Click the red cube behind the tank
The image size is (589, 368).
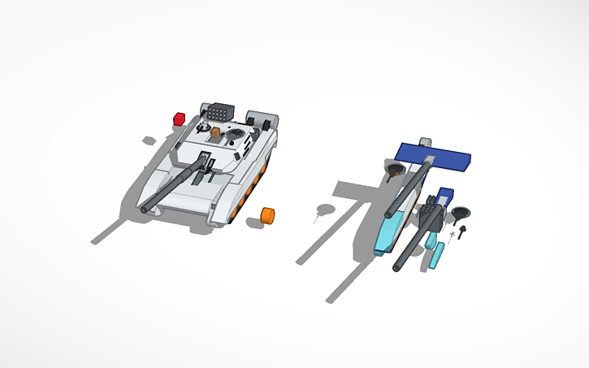[x=180, y=119]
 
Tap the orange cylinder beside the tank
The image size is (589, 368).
[x=267, y=214]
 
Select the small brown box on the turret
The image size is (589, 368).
[x=215, y=133]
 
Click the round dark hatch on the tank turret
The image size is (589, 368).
[x=237, y=132]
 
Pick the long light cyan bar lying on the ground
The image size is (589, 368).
[x=437, y=255]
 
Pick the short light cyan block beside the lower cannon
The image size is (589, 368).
[x=429, y=240]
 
